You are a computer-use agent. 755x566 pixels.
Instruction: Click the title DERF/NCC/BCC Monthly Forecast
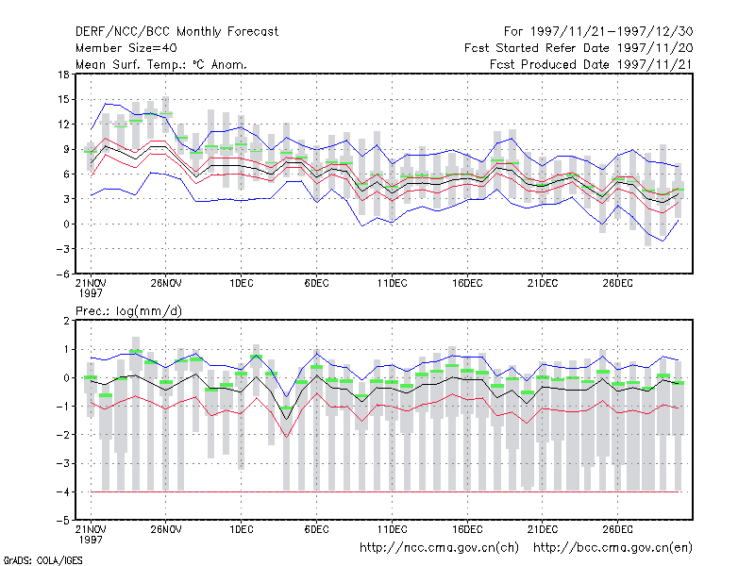[176, 32]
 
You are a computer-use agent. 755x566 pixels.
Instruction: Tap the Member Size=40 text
[126, 48]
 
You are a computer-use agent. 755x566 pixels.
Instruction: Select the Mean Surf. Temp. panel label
[160, 64]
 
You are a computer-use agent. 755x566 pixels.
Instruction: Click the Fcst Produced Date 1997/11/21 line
[591, 64]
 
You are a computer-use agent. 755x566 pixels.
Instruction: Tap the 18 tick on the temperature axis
[63, 75]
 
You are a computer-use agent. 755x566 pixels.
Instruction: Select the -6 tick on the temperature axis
[62, 274]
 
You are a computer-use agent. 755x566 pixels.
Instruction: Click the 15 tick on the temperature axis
[63, 100]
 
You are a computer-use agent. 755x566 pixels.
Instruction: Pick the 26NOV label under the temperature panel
[166, 284]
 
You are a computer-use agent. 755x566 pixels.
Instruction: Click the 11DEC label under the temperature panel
[392, 284]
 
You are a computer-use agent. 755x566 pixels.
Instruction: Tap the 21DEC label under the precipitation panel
[543, 529]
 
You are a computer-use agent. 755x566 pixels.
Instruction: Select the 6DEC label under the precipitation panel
[316, 529]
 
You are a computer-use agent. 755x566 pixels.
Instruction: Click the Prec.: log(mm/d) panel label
[128, 311]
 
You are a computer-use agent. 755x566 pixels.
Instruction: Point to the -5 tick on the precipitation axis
[62, 521]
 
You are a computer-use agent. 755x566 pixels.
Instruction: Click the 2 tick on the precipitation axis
[66, 321]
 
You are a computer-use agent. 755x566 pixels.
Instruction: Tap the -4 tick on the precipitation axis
[62, 491]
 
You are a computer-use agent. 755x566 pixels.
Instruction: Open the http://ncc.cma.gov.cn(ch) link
[439, 548]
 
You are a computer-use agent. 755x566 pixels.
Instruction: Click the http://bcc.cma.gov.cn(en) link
[612, 548]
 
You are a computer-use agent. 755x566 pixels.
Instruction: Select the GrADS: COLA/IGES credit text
[42, 560]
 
